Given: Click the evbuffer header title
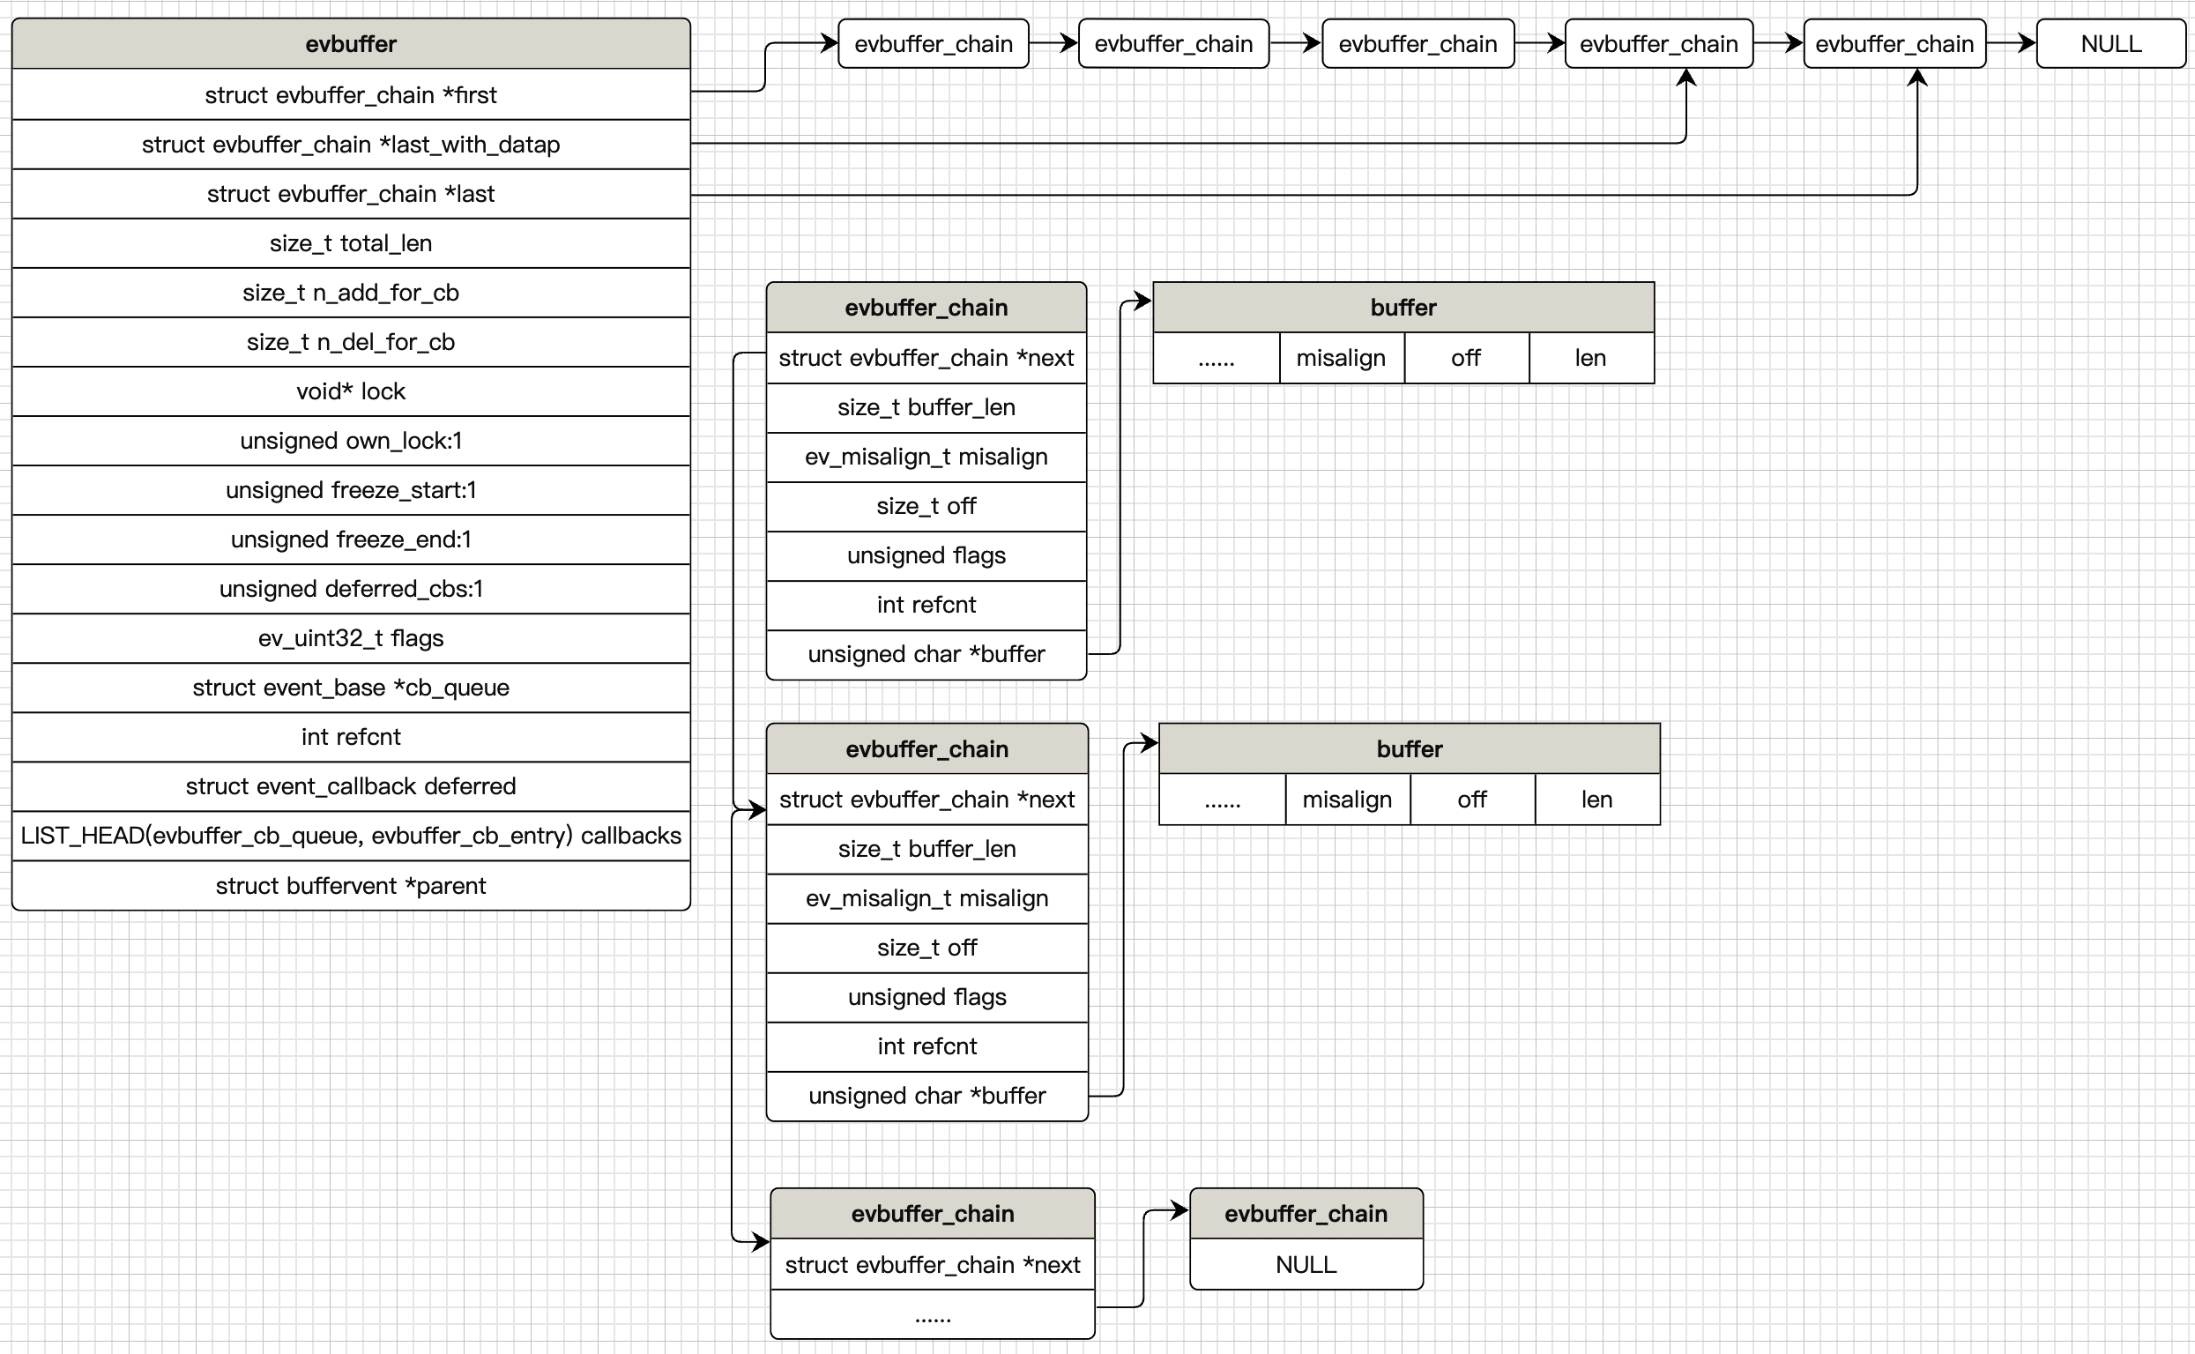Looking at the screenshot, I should [350, 44].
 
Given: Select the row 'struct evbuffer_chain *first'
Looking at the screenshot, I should [350, 95].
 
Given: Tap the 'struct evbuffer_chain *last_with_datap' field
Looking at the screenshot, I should [350, 145].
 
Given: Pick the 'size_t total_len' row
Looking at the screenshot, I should [350, 242].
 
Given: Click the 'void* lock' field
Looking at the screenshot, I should [350, 391].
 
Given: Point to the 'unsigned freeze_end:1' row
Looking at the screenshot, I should [350, 539].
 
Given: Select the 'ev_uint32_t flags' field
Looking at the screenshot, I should [350, 637].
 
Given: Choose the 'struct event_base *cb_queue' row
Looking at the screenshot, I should [350, 687].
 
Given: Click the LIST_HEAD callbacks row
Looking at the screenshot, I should [350, 836].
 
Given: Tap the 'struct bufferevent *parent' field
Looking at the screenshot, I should [350, 886].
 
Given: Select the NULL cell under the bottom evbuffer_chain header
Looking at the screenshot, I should [1305, 1264].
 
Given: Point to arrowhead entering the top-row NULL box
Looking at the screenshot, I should [2028, 43].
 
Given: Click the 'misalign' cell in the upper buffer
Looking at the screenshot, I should [1340, 358].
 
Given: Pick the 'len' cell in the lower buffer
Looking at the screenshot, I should [1596, 800].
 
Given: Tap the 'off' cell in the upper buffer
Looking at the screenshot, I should [1465, 358].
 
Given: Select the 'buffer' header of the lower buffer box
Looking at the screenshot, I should [1409, 748].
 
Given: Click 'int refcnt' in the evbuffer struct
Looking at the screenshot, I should [350, 737].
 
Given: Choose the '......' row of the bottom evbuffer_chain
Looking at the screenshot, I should [933, 1314].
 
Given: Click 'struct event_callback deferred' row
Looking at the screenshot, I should [350, 786].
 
